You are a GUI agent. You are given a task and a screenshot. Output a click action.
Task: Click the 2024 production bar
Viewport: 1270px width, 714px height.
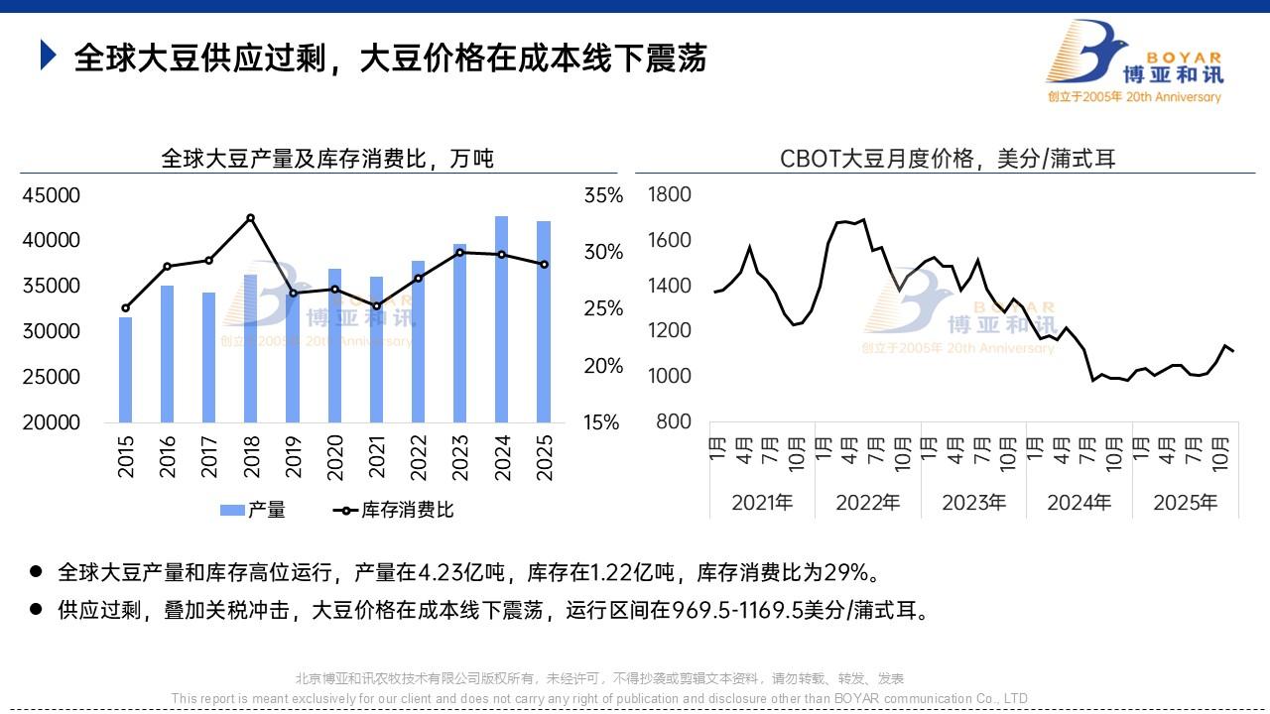click(x=502, y=319)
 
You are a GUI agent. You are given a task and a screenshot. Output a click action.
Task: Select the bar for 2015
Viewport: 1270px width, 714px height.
click(x=126, y=369)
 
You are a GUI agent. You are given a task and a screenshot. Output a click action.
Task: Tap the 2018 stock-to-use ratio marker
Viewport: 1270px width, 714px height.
click(x=250, y=218)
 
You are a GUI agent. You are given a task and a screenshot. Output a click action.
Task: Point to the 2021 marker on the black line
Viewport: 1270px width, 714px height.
click(x=376, y=305)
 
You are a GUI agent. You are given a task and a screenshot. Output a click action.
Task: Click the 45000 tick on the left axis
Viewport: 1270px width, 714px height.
click(x=51, y=195)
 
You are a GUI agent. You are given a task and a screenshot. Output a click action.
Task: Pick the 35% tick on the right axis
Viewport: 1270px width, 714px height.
click(x=603, y=195)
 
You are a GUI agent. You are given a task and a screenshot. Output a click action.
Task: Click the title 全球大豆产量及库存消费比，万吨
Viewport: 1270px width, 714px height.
click(x=327, y=159)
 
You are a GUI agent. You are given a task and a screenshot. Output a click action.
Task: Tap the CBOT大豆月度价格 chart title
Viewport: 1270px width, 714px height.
click(x=948, y=159)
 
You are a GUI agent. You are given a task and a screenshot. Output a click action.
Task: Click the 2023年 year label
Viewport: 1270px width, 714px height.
click(x=973, y=503)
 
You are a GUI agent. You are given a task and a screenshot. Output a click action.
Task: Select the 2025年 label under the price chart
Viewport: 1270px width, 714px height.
click(x=1185, y=503)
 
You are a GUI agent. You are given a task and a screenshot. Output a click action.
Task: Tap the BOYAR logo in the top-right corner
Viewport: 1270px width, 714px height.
click(x=1134, y=61)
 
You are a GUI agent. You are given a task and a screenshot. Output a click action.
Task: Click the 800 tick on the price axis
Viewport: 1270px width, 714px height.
click(x=675, y=421)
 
